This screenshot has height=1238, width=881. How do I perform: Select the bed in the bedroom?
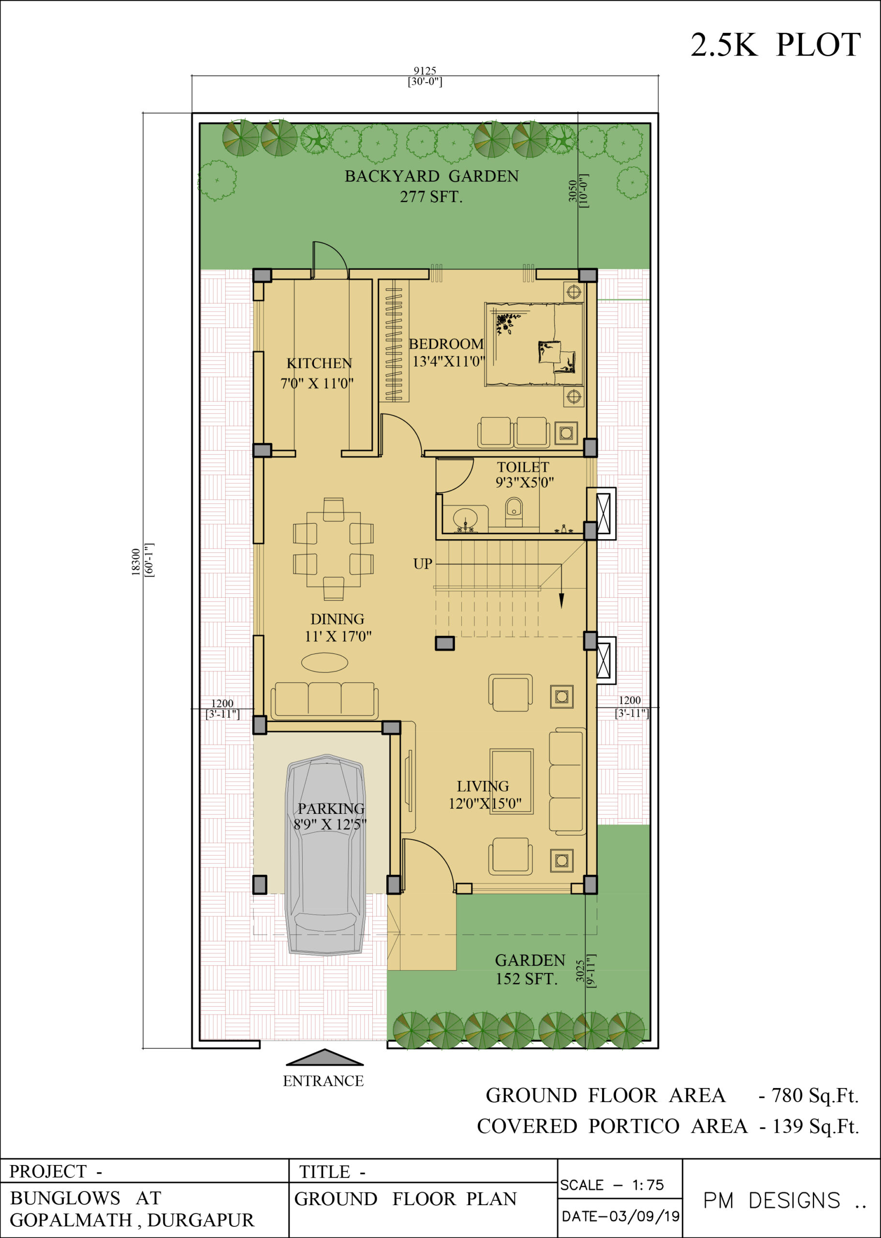coord(534,344)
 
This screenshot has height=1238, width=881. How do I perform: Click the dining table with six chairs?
coord(333,549)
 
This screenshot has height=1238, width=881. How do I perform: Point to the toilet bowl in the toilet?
coord(514,512)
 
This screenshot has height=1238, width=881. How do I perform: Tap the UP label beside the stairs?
coord(423,564)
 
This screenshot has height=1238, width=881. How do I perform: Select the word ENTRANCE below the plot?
coord(323,1081)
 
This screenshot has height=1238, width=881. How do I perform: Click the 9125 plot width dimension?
coord(425,71)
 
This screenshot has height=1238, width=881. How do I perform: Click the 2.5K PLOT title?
coord(775,44)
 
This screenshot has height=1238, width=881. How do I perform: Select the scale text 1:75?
coord(648,1185)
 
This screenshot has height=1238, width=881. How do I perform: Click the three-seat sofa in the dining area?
coord(324,700)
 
